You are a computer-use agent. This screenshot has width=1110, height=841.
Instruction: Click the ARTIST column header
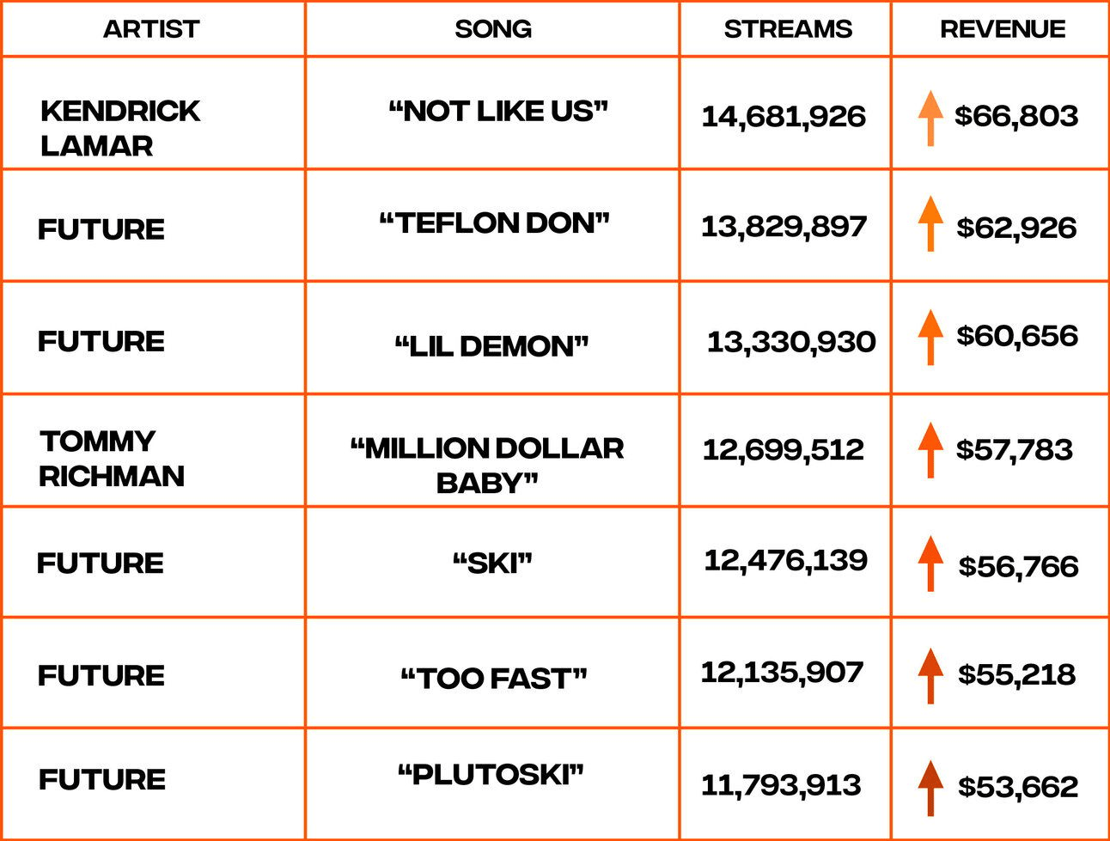(x=151, y=29)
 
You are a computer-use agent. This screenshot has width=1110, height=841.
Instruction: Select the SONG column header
(x=493, y=29)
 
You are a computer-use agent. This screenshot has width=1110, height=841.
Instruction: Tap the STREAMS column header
(x=788, y=29)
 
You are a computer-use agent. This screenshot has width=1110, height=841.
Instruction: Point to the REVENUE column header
(x=1003, y=29)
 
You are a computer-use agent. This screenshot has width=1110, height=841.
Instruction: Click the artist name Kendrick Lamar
(x=120, y=128)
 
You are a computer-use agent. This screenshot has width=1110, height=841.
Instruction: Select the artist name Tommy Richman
(x=112, y=459)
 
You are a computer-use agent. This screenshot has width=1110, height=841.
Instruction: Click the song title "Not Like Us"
(x=498, y=111)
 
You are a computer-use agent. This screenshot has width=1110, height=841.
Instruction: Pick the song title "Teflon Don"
(x=494, y=222)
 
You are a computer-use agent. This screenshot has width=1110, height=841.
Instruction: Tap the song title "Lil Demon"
(x=491, y=346)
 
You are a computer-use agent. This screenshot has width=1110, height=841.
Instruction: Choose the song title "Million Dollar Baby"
(x=487, y=466)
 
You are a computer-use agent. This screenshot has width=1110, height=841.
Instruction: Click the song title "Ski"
(x=492, y=564)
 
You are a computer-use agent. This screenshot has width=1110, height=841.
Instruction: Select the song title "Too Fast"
(x=493, y=679)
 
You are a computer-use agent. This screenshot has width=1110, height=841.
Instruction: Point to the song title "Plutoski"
(x=491, y=775)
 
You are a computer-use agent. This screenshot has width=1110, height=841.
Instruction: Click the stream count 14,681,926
(x=784, y=117)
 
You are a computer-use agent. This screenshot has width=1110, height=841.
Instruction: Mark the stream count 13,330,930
(x=791, y=342)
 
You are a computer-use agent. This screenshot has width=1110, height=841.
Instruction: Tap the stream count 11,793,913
(x=781, y=785)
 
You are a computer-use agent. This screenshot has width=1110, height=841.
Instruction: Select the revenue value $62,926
(x=1016, y=228)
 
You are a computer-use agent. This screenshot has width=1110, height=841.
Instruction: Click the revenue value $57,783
(x=1014, y=450)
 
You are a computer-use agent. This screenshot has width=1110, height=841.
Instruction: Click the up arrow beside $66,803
(x=930, y=119)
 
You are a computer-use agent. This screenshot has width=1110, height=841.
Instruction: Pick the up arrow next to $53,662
(x=930, y=788)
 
